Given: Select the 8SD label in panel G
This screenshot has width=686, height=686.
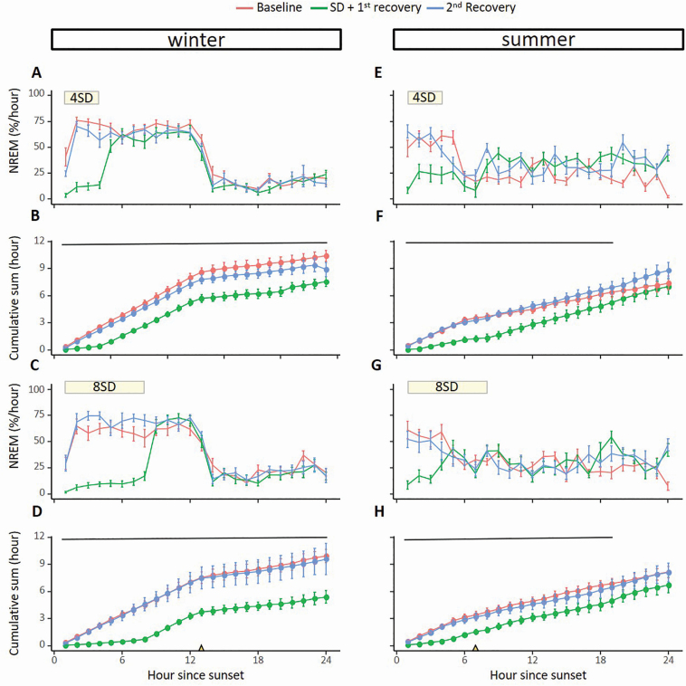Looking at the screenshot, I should coord(448,386).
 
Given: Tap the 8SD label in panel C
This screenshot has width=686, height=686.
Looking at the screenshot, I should coord(105,386).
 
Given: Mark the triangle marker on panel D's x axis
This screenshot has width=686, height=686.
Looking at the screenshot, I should coord(201,647).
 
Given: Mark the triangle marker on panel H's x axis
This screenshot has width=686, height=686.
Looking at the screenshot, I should coord(475,647).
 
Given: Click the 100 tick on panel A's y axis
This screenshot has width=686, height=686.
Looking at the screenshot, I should coord(37,93).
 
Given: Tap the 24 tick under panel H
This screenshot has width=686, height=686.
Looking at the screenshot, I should coord(669,659).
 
